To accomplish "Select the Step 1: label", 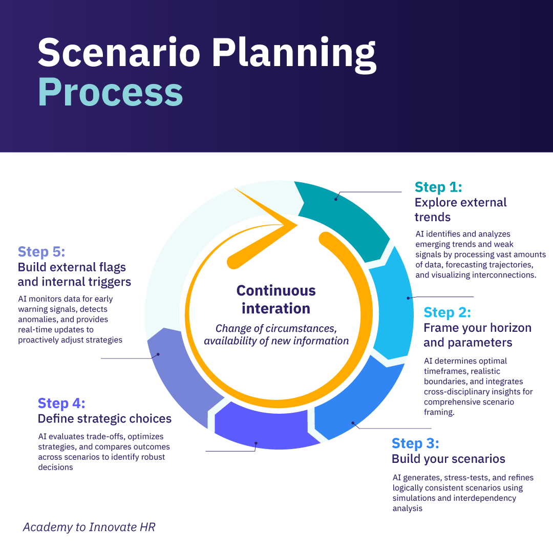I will [438, 187].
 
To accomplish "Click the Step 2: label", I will [447, 312].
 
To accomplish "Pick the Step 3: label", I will [415, 443].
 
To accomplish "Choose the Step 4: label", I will [61, 403].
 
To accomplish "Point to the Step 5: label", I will [41, 251].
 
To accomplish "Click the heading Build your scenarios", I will [449, 458].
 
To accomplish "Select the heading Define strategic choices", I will [104, 419].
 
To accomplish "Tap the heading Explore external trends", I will [460, 209].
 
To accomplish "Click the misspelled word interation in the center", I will [276, 309].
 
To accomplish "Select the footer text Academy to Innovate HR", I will [89, 527].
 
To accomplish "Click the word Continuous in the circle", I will [276, 291].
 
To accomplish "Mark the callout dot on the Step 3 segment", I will [353, 422].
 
